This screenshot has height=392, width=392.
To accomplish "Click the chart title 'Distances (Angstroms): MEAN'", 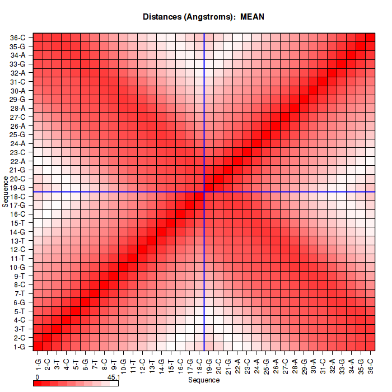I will pyautogui.click(x=204, y=17).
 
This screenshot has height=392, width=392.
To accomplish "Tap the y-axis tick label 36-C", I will pyautogui.click(x=18, y=38).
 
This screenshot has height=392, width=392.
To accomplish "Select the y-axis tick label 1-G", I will pyautogui.click(x=18, y=347).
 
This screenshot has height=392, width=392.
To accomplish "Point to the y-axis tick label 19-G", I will pyautogui.click(x=18, y=188).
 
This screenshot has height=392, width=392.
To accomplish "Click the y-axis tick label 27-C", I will pyautogui.click(x=18, y=117).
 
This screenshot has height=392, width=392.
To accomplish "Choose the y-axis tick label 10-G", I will pyautogui.click(x=18, y=267).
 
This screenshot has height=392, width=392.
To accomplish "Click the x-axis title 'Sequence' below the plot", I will pyautogui.click(x=204, y=380).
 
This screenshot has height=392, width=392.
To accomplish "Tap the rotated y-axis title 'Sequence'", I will pyautogui.click(x=6, y=192).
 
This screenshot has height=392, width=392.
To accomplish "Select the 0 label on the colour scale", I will pyautogui.click(x=36, y=377).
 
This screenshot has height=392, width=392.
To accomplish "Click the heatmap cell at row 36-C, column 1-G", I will pyautogui.click(x=38, y=38).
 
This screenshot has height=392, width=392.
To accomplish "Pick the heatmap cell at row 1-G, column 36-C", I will pyautogui.click(x=370, y=346).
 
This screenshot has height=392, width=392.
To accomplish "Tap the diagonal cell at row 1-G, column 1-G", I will pyautogui.click(x=38, y=346).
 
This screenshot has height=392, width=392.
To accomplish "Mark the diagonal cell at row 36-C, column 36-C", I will pyautogui.click(x=370, y=38).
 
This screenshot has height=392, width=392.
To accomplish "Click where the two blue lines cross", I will pyautogui.click(x=204, y=192).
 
